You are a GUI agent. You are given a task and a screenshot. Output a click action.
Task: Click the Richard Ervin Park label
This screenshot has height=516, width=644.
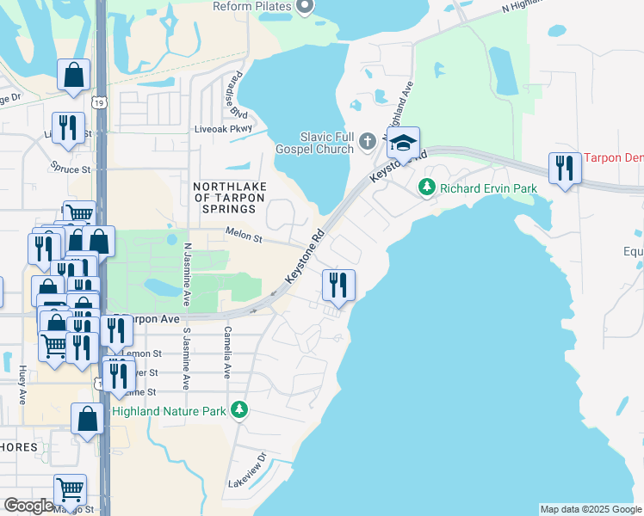488,188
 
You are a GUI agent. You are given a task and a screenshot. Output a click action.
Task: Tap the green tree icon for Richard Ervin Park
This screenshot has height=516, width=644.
426,187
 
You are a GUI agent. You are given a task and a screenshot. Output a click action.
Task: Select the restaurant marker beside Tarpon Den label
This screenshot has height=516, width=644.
565,167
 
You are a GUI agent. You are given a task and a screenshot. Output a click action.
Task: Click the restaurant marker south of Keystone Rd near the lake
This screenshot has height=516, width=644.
338,285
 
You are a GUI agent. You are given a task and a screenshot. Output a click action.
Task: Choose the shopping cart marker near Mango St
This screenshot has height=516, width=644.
70,490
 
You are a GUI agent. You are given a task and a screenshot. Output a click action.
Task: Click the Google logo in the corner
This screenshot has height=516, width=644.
28,506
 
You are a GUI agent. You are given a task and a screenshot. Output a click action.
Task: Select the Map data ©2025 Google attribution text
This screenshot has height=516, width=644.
590,509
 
